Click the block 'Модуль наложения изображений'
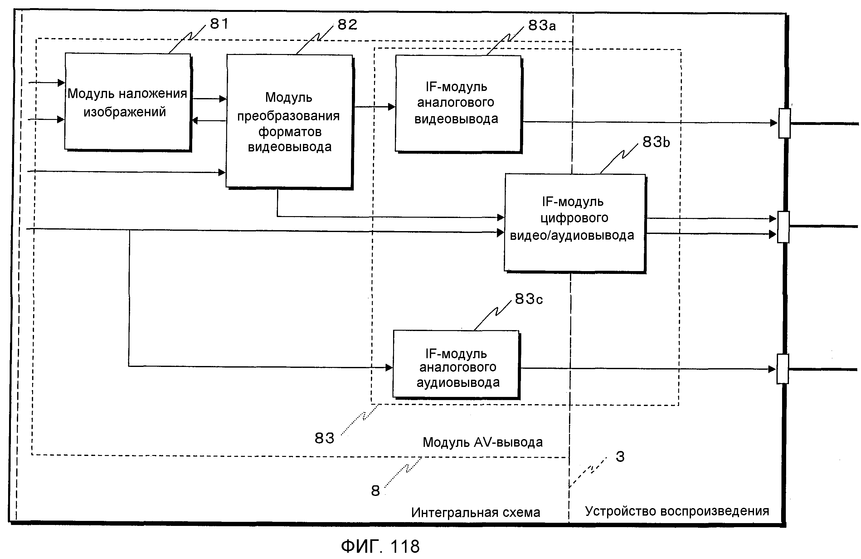[127, 102]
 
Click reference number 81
[219, 24]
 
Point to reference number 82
[347, 25]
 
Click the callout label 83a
[542, 25]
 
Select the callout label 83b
[656, 142]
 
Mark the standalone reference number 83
[324, 438]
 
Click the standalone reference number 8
[376, 491]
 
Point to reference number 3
[620, 457]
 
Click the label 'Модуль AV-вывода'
[483, 442]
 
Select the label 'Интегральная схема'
[475, 512]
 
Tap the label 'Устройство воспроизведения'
[677, 511]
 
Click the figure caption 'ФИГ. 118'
[380, 546]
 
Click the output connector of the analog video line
[784, 123]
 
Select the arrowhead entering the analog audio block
[389, 368]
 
